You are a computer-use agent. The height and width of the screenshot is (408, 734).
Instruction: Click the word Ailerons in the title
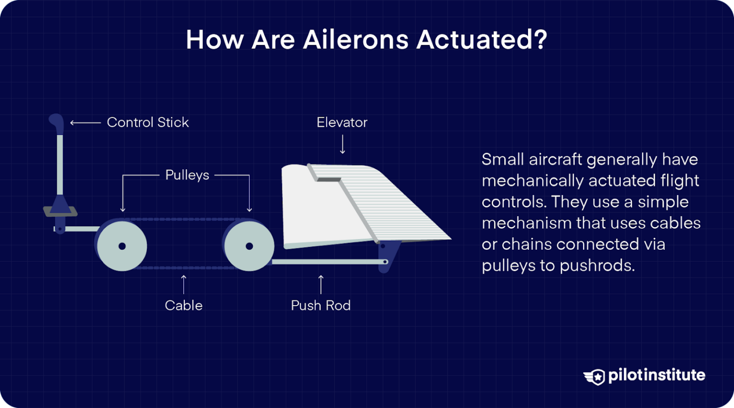tap(356, 39)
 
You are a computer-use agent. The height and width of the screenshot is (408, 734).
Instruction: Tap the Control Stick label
tap(148, 122)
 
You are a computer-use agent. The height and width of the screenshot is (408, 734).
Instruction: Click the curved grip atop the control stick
tap(56, 122)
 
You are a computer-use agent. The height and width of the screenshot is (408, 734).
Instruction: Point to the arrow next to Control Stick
tap(85, 123)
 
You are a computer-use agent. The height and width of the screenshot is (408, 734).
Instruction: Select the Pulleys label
tap(187, 175)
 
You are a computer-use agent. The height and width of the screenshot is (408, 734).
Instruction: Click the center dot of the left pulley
tap(122, 246)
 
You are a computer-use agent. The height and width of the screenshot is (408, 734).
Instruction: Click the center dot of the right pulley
tap(249, 246)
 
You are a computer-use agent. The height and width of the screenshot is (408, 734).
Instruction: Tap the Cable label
tap(183, 306)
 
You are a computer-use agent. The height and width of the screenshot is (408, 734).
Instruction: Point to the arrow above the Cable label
tap(183, 284)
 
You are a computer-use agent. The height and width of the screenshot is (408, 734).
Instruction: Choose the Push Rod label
tap(321, 306)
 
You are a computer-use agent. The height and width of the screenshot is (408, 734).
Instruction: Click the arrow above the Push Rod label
tap(321, 284)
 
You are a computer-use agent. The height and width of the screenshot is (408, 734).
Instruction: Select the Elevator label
tap(342, 122)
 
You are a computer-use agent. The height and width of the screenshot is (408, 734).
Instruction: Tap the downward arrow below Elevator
tap(342, 144)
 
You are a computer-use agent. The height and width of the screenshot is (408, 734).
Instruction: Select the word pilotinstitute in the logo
tap(657, 375)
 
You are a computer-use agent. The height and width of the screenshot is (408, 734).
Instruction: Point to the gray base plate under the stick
tap(60, 212)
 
